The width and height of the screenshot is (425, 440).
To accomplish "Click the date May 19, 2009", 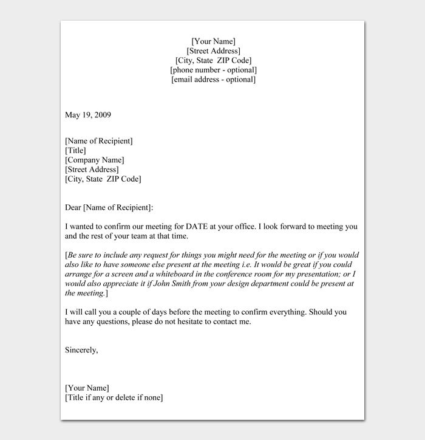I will click(88, 115).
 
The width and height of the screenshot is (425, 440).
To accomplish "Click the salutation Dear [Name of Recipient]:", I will click(109, 208).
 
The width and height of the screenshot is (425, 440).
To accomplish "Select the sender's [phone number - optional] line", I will click(213, 70).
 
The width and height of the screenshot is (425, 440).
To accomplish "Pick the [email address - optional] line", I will click(213, 80).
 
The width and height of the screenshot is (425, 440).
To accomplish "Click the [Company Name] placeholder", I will click(95, 160).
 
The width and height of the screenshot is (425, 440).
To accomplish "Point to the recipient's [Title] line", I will click(75, 151).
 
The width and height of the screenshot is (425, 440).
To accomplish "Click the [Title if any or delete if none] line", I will click(114, 398).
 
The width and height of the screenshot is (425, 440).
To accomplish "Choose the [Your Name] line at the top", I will click(213, 41).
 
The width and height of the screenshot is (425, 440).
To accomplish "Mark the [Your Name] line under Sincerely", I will click(87, 388).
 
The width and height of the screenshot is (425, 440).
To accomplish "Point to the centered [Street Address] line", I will click(213, 51).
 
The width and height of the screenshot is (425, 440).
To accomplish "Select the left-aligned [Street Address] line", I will click(92, 170).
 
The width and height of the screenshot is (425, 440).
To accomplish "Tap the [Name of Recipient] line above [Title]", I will click(98, 141).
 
